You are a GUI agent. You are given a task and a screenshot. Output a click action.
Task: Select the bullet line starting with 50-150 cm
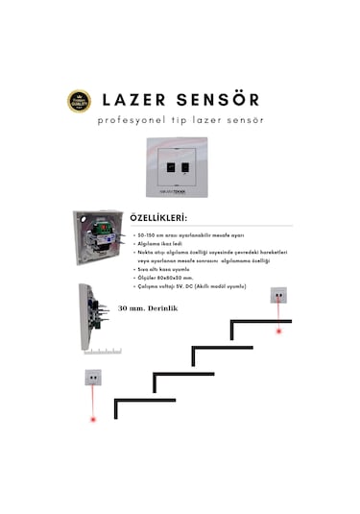coord(191,233)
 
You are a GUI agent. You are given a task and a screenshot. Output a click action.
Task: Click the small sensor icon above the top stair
coord(279,296)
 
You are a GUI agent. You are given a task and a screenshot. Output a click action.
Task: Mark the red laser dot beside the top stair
coord(279,330)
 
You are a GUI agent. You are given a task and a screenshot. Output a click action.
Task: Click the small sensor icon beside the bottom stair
coord(93,377)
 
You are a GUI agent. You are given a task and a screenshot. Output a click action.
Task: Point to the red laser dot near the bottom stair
coord(93,420)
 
